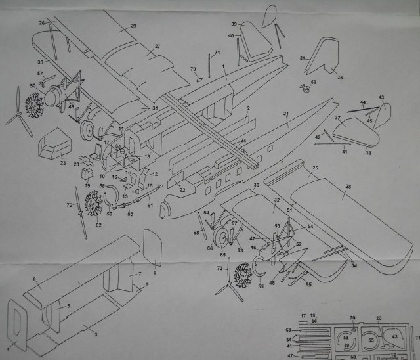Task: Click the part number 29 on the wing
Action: coord(133,26)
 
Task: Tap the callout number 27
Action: coord(157,47)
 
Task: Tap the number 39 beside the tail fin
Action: coord(234,24)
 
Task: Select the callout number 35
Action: coord(340,78)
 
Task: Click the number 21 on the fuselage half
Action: coord(286,114)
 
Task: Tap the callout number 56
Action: coord(309,283)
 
